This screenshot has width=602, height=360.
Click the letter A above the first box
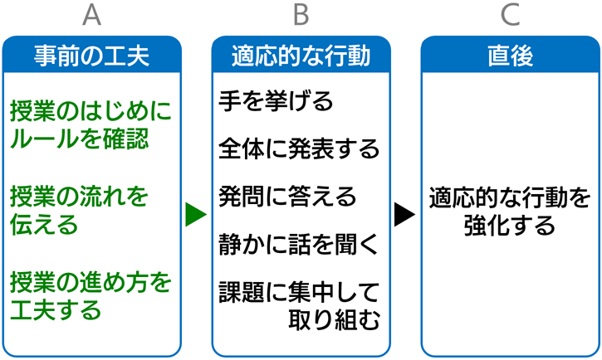click(92, 15)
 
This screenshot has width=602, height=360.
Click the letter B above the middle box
click(301, 15)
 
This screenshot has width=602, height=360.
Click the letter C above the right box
click(510, 15)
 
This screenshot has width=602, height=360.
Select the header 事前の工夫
click(92, 56)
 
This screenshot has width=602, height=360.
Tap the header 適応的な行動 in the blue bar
click(301, 56)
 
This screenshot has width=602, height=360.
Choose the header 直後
click(510, 56)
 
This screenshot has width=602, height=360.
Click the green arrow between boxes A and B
click(195, 214)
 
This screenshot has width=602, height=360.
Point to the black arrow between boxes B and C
click(404, 214)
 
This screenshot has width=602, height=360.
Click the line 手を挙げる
click(276, 101)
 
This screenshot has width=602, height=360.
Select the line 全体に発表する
click(299, 148)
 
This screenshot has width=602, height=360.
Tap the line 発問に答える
click(287, 197)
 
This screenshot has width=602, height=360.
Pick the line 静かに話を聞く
click(299, 244)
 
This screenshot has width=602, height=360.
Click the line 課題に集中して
click(299, 292)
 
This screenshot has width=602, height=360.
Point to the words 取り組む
click(334, 319)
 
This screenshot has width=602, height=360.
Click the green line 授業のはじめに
click(91, 111)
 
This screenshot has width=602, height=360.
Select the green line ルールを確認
click(79, 139)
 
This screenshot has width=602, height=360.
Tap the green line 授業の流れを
click(79, 197)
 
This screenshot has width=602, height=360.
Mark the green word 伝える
click(44, 224)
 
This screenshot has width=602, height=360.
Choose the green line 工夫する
click(56, 309)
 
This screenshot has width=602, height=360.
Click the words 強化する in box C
click(510, 225)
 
